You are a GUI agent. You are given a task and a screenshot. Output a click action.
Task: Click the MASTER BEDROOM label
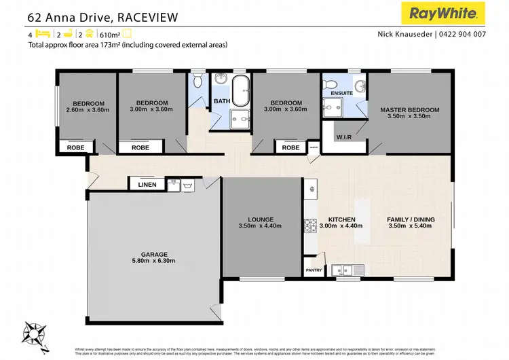tap(409, 109)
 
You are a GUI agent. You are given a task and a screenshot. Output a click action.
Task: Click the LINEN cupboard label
tap(147, 184)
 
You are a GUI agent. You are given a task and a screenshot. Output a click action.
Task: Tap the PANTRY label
tap(314, 270)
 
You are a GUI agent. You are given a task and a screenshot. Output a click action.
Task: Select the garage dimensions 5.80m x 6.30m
tap(153, 260)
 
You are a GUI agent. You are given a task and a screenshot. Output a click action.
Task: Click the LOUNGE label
tap(261, 219)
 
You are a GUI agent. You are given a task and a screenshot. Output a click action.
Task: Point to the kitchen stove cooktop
tap(309, 225)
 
